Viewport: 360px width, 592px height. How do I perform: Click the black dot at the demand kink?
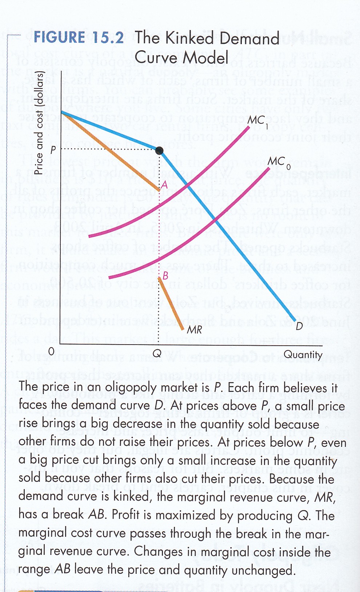159,150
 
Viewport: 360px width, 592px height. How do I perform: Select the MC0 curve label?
278,162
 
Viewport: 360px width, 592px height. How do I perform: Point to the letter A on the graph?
164,185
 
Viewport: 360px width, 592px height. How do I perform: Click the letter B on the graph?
165,276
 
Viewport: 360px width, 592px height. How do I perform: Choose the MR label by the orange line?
194,330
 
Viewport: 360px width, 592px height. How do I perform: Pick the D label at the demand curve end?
299,326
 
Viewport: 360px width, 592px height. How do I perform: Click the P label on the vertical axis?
53,150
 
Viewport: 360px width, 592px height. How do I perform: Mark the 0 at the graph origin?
51,351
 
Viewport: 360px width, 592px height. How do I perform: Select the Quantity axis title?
303,354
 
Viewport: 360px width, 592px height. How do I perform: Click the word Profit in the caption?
125,515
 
